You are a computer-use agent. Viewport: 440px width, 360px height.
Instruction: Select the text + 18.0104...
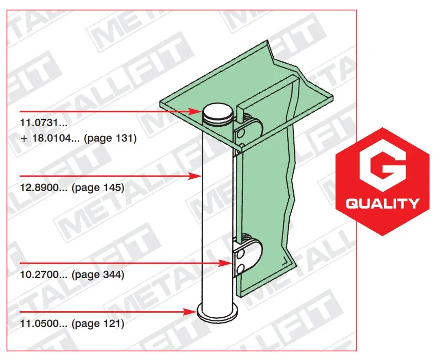[51, 138]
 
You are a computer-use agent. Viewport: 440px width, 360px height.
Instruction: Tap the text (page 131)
[110, 138]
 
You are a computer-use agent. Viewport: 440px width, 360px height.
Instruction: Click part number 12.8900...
[44, 187]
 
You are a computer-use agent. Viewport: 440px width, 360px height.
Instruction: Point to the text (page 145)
[98, 187]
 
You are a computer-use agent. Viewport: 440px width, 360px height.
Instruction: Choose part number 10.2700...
[44, 275]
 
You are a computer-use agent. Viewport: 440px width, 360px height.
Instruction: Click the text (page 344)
[98, 275]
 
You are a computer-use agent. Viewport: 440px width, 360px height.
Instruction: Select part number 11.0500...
[44, 323]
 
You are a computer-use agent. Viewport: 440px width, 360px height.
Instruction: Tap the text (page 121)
[98, 324]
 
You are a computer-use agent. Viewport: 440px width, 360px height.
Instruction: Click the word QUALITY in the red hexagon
[382, 203]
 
